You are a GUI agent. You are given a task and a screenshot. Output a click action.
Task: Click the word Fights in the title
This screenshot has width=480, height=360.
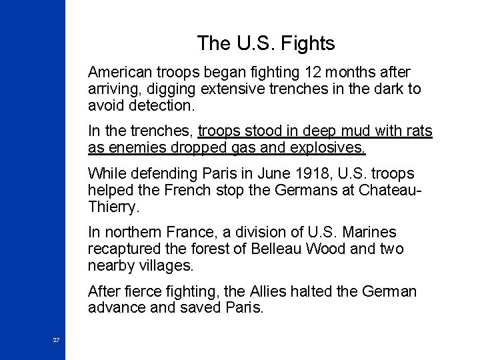click(x=308, y=44)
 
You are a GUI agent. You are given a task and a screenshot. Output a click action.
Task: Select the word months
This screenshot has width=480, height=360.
click(x=349, y=71)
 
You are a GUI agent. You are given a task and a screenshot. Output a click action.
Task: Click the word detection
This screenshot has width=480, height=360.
click(x=163, y=106)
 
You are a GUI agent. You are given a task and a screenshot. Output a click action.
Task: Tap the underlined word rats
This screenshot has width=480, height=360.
click(x=417, y=131)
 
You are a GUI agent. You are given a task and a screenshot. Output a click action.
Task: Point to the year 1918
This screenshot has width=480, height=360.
click(x=281, y=173)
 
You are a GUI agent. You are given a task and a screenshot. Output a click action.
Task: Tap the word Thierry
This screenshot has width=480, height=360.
click(x=113, y=208)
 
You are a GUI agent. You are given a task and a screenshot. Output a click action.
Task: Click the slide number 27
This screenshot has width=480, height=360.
click(x=56, y=340)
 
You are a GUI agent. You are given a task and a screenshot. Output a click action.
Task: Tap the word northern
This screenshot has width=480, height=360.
click(x=134, y=233)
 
